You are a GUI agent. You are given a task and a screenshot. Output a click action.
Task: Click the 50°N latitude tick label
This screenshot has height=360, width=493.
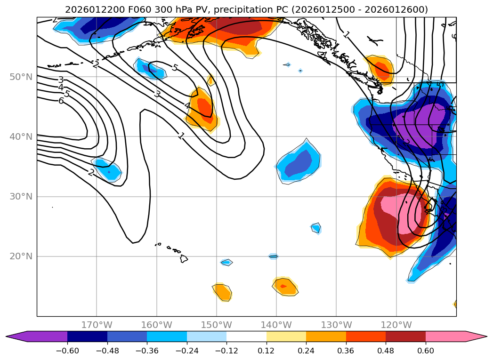[21, 77]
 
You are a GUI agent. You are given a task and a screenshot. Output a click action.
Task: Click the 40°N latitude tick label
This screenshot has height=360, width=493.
[21, 136]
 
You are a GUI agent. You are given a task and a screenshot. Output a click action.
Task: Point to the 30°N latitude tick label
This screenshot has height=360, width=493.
[21, 196]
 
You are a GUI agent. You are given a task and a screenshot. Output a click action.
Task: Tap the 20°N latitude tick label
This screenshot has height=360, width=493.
[21, 256]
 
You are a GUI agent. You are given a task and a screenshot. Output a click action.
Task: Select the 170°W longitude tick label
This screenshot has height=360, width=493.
[97, 325]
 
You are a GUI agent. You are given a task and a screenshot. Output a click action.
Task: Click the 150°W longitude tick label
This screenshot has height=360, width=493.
[217, 325]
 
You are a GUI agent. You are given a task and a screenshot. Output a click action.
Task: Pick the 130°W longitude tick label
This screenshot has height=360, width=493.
[336, 325]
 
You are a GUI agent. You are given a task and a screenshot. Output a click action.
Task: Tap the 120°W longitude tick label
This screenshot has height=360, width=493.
[396, 325]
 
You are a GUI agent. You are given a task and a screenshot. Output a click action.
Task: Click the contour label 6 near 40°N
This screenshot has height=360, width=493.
[61, 101]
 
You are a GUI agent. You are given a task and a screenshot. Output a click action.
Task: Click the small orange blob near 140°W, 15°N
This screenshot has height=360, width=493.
[285, 286]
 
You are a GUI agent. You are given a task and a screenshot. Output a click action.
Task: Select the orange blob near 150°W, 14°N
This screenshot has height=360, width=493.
[222, 292]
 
